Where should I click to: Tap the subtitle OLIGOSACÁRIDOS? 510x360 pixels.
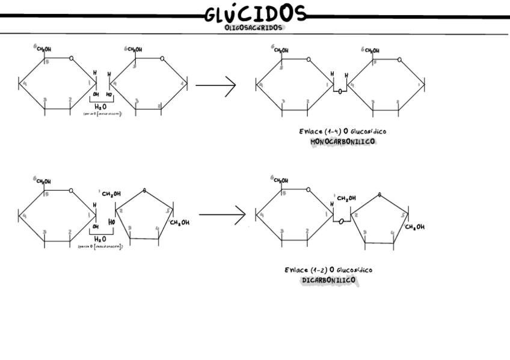[x=255, y=27]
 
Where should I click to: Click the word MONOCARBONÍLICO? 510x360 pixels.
[x=342, y=142]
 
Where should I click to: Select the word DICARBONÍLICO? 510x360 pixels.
[x=328, y=280]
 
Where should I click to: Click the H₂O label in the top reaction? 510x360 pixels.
[x=100, y=106]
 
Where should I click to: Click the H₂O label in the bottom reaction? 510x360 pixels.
[x=100, y=239]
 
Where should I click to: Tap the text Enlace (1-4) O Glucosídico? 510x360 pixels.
[x=343, y=131]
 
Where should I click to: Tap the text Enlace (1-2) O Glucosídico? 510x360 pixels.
[x=328, y=270]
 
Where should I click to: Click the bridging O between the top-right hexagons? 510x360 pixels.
[x=340, y=92]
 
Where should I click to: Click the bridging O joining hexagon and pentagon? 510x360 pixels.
[x=340, y=222]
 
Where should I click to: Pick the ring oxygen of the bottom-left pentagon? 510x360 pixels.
[x=144, y=192]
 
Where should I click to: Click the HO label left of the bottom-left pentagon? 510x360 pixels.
[x=111, y=222]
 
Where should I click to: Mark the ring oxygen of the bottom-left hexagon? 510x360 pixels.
[x=72, y=191]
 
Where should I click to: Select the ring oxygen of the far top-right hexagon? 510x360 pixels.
[x=401, y=59]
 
